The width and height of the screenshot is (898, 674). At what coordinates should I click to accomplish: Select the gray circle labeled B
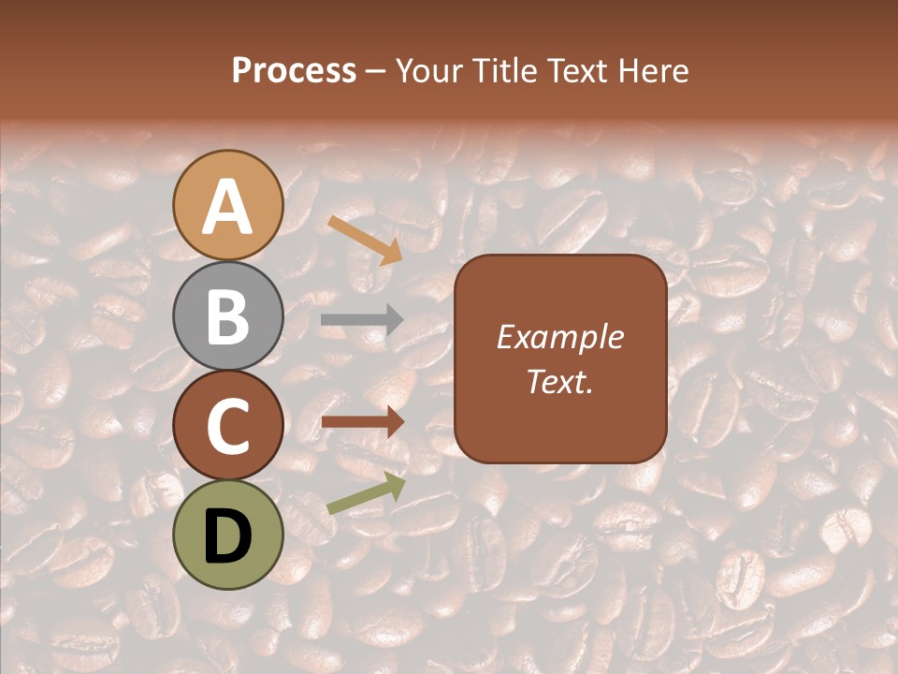coord(228,315)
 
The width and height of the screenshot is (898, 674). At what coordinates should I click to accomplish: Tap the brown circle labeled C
coord(228,425)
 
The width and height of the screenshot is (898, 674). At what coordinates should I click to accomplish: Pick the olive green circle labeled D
coord(228,535)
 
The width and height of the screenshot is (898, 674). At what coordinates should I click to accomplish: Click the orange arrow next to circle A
coord(365,240)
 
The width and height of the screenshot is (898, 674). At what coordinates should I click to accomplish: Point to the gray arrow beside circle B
coord(362,320)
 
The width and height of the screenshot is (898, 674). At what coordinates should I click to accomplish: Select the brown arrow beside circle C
coord(362,422)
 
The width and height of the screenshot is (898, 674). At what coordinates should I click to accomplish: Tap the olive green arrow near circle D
coord(366,492)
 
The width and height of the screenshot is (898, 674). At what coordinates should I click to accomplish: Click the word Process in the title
coord(294,71)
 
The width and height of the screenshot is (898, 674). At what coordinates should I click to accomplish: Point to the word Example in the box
coord(560,337)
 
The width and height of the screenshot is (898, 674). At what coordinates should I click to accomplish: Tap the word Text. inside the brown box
coord(560,381)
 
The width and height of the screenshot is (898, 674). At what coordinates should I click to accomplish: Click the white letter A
coord(228,208)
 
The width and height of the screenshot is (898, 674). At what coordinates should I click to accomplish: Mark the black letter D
coord(228,537)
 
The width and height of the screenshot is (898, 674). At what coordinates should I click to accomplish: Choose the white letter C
coord(228,427)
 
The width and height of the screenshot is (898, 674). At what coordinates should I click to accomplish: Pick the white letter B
coord(228,317)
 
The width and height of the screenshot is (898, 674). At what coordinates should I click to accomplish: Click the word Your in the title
coord(427,71)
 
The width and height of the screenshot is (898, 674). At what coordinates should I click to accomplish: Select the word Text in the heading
coord(574,71)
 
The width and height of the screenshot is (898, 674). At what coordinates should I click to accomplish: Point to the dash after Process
coord(376,72)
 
